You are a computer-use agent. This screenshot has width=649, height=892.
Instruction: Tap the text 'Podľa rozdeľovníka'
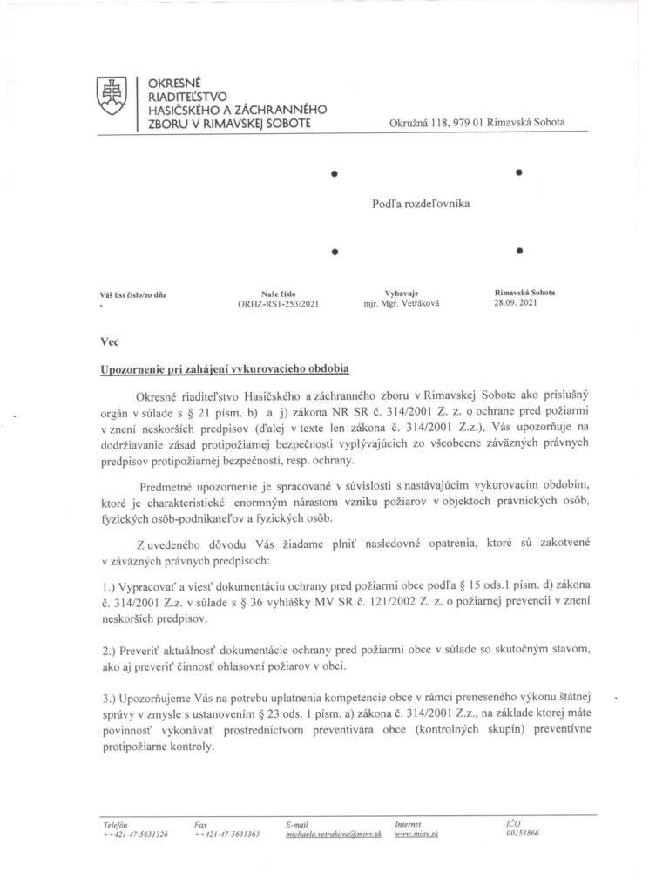click(420, 202)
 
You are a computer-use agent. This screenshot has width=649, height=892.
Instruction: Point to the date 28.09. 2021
click(517, 306)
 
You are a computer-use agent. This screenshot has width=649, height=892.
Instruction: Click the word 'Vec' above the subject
click(109, 343)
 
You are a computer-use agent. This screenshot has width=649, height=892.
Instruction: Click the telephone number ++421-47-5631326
click(135, 834)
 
